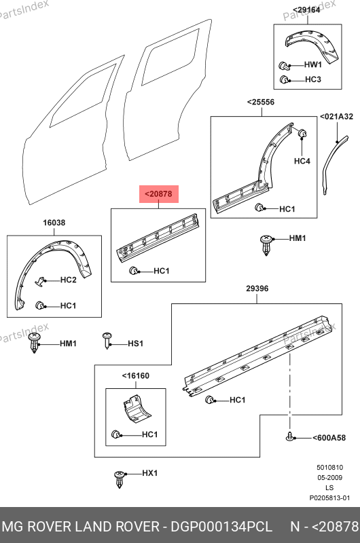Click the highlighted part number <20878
(x=158, y=194)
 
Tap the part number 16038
(x=54, y=223)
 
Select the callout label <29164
(x=306, y=10)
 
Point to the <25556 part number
(x=261, y=102)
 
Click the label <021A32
(x=336, y=117)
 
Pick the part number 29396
(x=257, y=288)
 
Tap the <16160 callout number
(x=135, y=376)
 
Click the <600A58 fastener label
(x=329, y=438)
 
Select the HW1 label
(x=313, y=64)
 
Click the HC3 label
(x=313, y=79)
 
